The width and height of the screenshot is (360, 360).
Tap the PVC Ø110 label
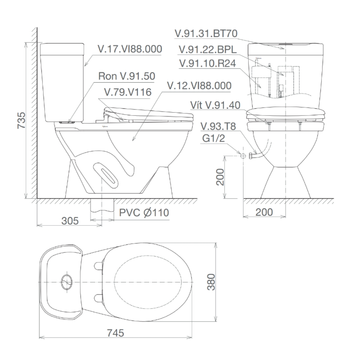click(x=144, y=213)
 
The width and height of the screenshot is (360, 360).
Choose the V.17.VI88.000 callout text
click(x=130, y=49)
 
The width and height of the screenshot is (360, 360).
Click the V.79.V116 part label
click(x=127, y=92)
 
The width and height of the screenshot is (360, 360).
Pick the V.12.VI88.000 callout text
click(x=199, y=85)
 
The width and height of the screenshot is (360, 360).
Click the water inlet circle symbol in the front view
click(x=243, y=156)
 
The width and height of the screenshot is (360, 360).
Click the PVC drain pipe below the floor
click(x=102, y=207)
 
